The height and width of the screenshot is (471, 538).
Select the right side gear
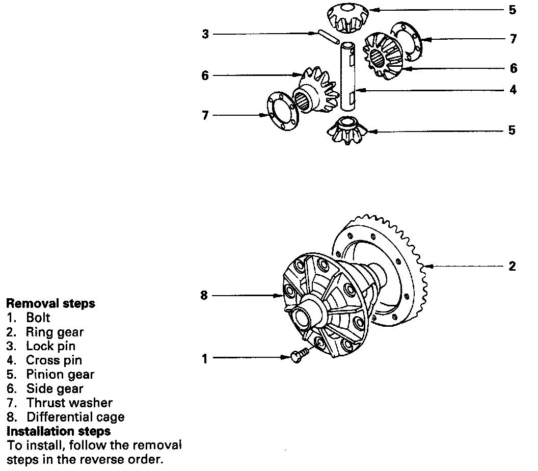(382, 56)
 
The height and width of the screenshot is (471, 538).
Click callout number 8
(204, 296)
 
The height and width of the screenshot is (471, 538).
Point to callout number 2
(512, 266)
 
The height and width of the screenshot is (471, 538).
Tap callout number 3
(205, 34)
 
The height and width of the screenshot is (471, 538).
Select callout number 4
(513, 90)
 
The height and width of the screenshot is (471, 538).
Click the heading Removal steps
(50, 303)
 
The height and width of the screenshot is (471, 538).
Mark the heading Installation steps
(58, 431)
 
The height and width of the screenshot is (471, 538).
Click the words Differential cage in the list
(75, 417)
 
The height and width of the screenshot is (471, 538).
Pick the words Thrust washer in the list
(69, 403)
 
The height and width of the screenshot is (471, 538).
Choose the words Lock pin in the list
(51, 346)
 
